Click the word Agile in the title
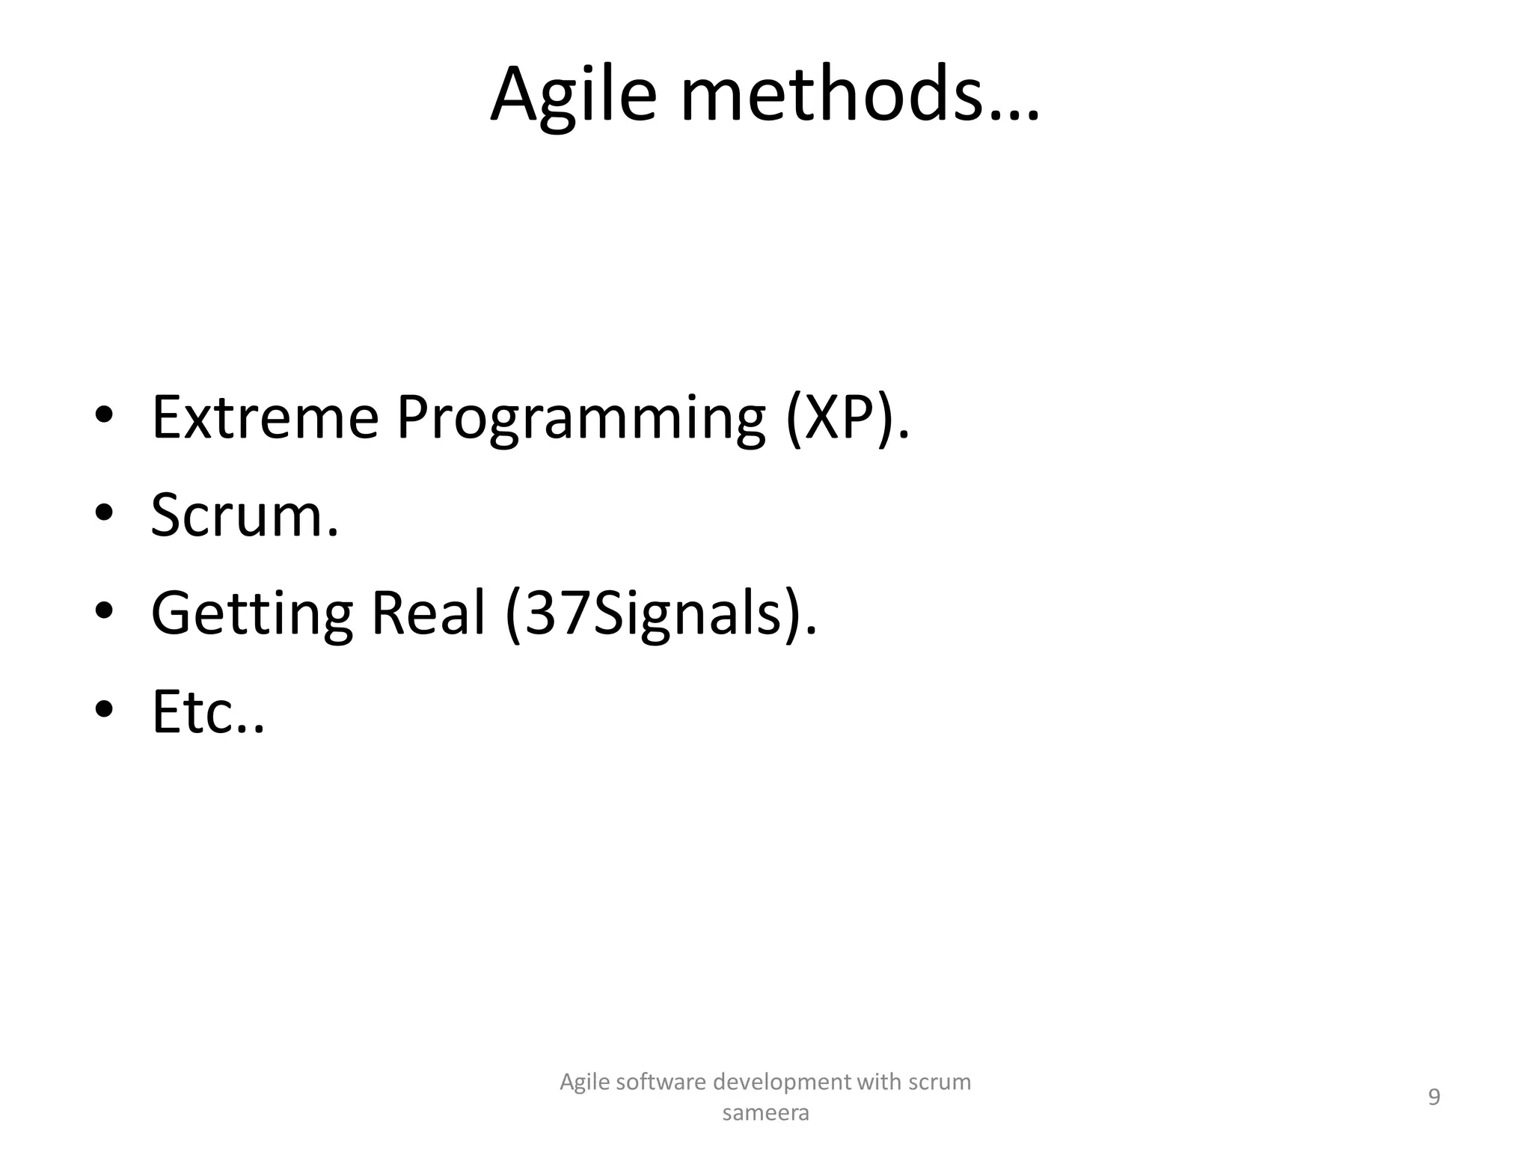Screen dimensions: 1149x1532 (x=573, y=96)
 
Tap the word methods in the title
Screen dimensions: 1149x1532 (x=830, y=96)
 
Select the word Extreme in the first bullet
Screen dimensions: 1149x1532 (x=265, y=417)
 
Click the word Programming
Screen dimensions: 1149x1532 (x=580, y=419)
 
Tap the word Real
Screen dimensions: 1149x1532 (x=428, y=613)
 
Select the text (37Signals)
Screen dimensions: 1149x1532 (x=661, y=614)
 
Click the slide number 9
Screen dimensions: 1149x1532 (x=1434, y=1097)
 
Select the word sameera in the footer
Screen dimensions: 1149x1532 (x=765, y=1113)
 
